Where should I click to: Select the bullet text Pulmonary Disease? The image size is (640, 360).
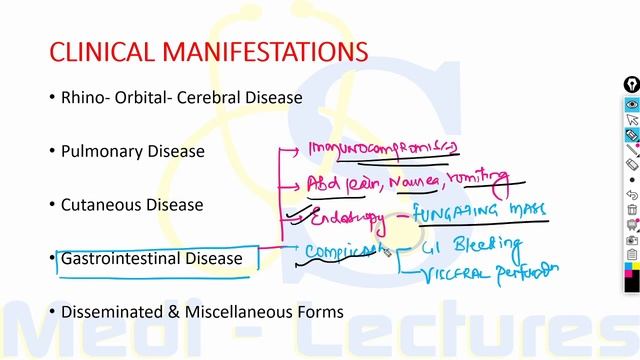point(133,152)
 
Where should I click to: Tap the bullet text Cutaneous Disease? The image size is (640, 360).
point(132,205)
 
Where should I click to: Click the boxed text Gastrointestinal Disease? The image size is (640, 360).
point(152,259)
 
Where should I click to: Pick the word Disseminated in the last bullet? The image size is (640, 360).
point(113,311)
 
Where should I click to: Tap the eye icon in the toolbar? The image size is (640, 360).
point(632,104)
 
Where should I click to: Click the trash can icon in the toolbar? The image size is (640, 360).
point(632,210)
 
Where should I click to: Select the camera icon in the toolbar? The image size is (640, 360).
point(632,240)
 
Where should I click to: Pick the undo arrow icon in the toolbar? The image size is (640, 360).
point(632,194)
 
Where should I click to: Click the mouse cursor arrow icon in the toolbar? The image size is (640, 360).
point(632,120)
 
